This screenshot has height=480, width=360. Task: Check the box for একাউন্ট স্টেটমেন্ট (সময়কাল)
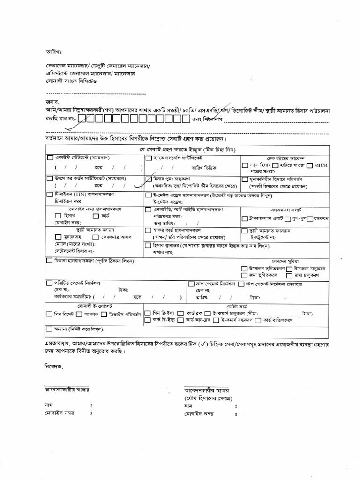tap(50, 158)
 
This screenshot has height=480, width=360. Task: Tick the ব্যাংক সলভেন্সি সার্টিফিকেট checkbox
tap(149, 158)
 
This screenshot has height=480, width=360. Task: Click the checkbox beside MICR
tap(310, 165)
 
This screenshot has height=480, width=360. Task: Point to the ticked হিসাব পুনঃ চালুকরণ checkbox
tap(149, 179)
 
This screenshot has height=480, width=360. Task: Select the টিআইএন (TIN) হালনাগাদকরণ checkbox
tap(50, 194)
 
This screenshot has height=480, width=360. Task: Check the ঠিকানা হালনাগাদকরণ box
tap(50, 260)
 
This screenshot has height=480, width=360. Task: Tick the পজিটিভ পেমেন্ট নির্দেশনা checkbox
tap(50, 284)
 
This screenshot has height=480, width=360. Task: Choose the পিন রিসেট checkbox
tap(50, 313)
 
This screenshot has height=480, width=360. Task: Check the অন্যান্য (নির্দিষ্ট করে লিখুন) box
tap(50, 329)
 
